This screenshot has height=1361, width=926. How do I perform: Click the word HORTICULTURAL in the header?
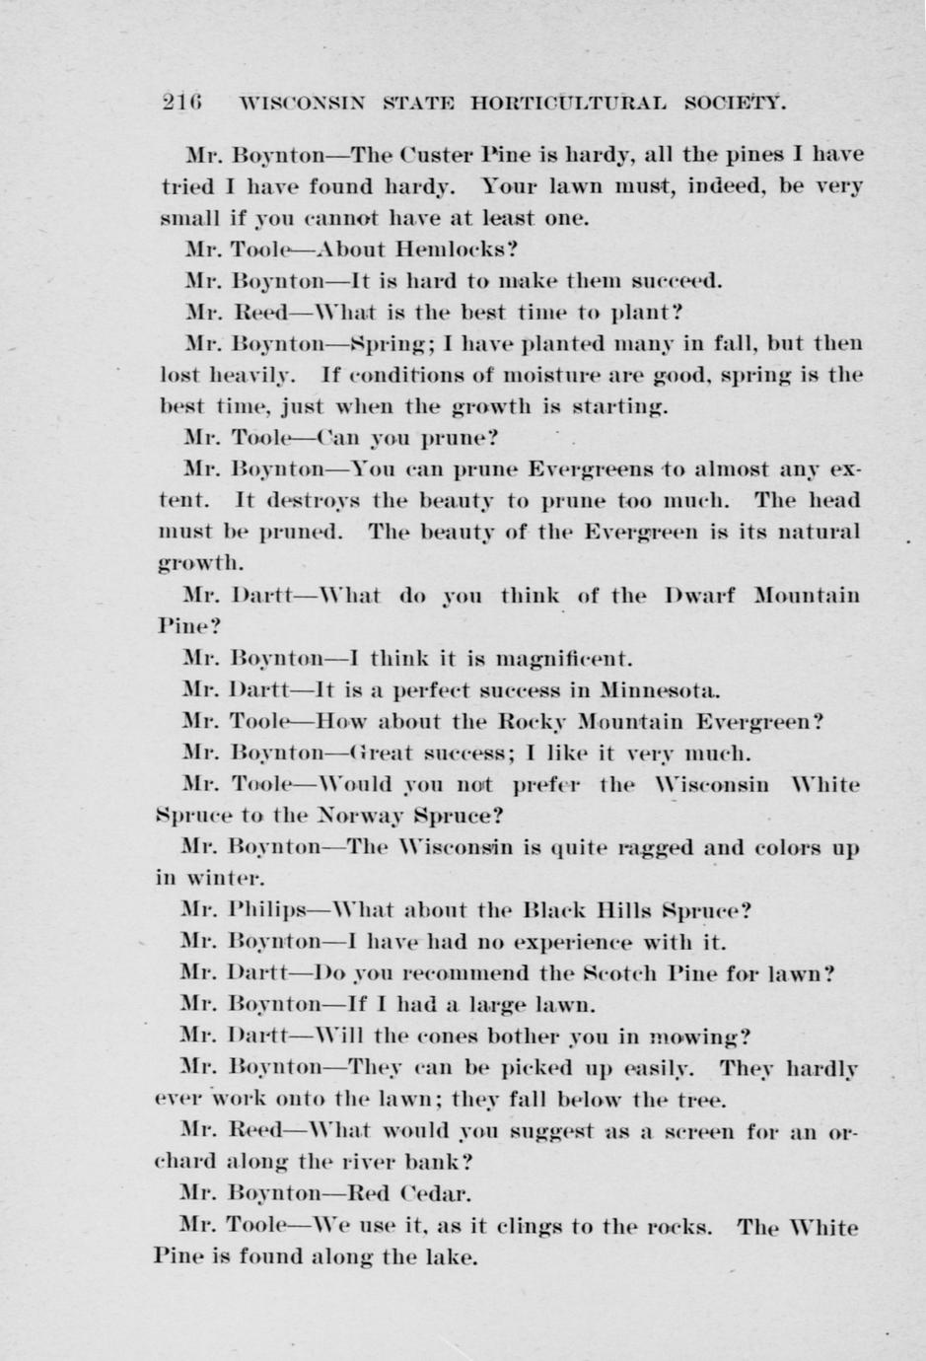568,103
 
